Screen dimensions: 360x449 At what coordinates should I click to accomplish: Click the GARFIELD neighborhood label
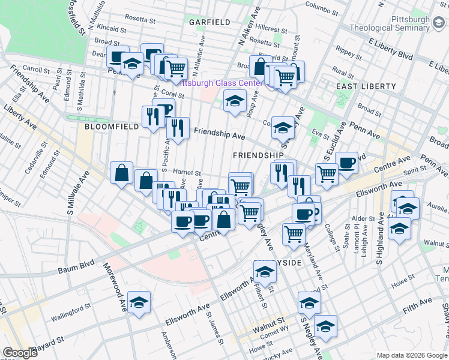[x=209, y=22]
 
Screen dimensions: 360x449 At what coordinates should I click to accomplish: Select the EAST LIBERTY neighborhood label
[x=366, y=86]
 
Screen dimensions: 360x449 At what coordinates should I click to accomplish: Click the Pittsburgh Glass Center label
[x=223, y=83]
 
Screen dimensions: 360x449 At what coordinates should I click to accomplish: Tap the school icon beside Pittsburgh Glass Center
[x=235, y=100]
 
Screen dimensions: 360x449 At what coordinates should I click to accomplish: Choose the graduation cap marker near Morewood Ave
[x=139, y=303]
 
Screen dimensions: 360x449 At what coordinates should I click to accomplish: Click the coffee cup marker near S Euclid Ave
[x=346, y=163]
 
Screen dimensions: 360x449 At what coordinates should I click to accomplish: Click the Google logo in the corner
[x=20, y=353]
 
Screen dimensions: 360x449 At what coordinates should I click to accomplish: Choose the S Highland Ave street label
[x=379, y=244]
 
